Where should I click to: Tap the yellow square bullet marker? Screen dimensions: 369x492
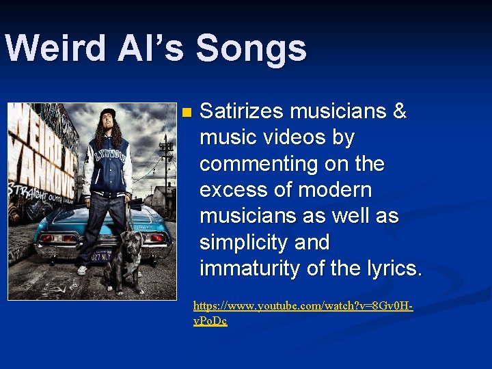(x=188, y=111)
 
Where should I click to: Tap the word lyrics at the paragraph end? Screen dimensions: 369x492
(x=394, y=269)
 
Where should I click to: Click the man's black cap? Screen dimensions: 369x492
(x=107, y=113)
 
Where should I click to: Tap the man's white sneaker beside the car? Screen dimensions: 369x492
(x=83, y=270)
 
